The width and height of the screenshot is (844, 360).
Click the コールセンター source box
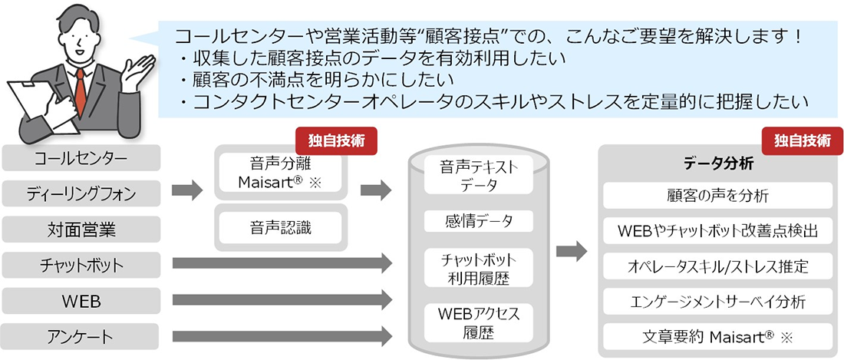pos(81,158)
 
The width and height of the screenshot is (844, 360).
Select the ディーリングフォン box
pos(81,193)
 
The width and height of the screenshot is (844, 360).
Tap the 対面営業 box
pos(81,230)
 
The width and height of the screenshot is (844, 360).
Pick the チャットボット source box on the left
pos(81,265)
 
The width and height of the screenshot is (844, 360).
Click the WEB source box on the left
pos(81,300)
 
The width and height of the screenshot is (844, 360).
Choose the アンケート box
pos(81,336)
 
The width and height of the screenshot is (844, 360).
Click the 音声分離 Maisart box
pos(280,173)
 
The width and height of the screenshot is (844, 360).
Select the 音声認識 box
pos(280,226)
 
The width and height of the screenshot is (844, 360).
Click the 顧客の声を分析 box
pos(717,196)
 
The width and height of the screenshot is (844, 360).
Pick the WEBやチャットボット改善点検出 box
pos(717,231)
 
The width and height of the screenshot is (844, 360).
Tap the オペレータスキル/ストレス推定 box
pos(717,266)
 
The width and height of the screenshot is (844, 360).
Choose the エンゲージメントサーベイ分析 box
pos(717,302)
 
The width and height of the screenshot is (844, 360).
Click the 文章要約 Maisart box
pos(717,336)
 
